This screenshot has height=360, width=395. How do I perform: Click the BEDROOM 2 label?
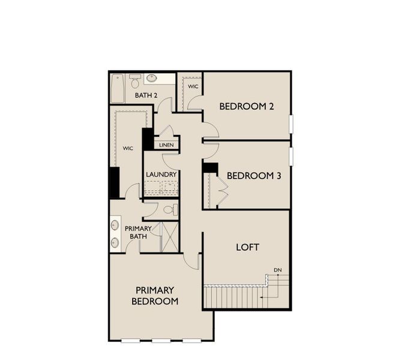(x=246, y=106)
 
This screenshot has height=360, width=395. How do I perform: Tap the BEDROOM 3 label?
(x=254, y=175)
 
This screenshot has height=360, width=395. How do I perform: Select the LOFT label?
(x=247, y=247)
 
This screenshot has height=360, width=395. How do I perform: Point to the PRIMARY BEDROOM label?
(x=155, y=296)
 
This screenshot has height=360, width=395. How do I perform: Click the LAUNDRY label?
(x=161, y=174)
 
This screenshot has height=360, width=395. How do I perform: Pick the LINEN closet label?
(x=166, y=145)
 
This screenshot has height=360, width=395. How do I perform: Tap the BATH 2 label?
(x=146, y=95)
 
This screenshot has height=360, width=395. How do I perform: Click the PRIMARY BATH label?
(x=138, y=232)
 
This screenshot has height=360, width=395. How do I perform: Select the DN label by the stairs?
(x=277, y=270)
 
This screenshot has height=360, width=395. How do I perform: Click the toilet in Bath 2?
(x=135, y=81)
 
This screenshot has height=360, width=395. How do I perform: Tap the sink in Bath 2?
(x=151, y=78)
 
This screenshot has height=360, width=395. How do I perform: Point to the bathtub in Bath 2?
(x=118, y=88)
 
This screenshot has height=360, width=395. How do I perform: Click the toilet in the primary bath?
(x=170, y=210)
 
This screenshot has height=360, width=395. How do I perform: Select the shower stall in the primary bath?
(x=170, y=237)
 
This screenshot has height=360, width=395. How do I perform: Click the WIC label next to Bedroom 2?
(x=193, y=86)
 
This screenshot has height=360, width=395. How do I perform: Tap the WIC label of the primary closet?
(x=128, y=148)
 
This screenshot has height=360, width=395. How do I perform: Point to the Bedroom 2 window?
(x=291, y=124)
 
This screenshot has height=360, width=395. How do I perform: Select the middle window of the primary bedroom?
(x=161, y=341)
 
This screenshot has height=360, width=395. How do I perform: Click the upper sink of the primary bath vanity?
(x=115, y=224)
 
